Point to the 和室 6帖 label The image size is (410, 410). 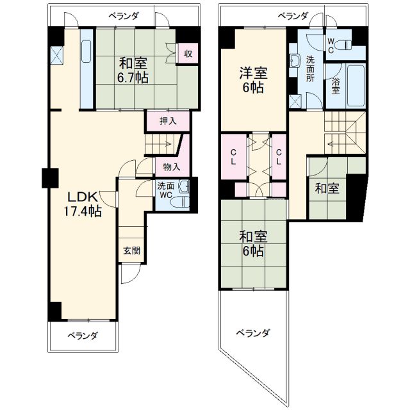click(252, 243)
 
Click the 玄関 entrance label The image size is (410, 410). click(131, 251)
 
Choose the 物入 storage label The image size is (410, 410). click(172, 167)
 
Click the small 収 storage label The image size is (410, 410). click(189, 53)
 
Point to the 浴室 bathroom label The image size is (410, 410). click(336, 86)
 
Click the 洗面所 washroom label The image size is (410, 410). click(311, 69)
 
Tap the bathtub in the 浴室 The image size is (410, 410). click(354, 87)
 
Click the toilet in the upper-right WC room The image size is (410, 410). click(345, 44)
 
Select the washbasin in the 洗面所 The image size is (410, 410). click(295, 61)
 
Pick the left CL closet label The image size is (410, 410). click(234, 157)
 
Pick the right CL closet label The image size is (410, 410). click(279, 157)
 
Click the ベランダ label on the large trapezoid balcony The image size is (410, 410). click(252, 333)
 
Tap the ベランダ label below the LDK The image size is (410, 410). click(83, 335)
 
